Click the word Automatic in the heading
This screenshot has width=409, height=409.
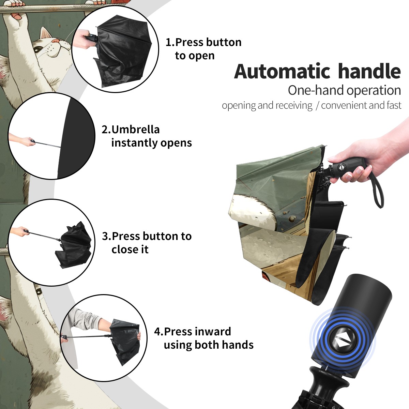click(282, 72)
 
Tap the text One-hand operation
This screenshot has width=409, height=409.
click(344, 90)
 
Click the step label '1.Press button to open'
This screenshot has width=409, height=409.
click(203, 49)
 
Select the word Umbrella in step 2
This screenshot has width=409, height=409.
click(135, 130)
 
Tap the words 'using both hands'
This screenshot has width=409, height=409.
click(209, 345)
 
